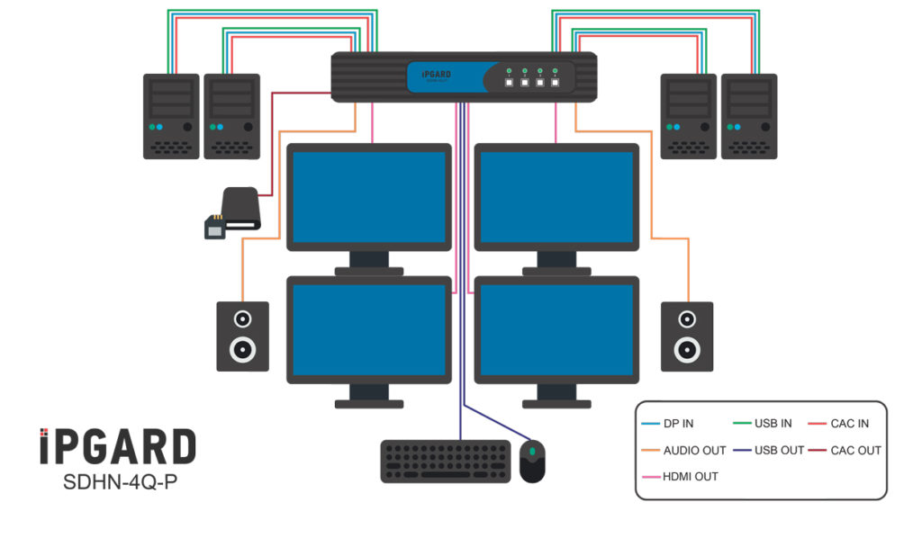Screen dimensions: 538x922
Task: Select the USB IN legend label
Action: pos(771,423)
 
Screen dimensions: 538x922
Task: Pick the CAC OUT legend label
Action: pos(854,450)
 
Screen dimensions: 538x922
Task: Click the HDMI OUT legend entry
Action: pos(690,476)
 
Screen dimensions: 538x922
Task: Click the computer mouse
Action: pos(532,461)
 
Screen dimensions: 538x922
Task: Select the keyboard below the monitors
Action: pos(445,462)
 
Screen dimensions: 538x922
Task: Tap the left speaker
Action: pos(242,336)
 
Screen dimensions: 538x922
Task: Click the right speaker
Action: pos(687,336)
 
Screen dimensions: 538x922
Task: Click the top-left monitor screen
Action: pos(368,196)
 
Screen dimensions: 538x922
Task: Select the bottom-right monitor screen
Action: pos(556,329)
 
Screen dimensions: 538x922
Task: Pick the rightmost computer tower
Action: pos(749,116)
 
